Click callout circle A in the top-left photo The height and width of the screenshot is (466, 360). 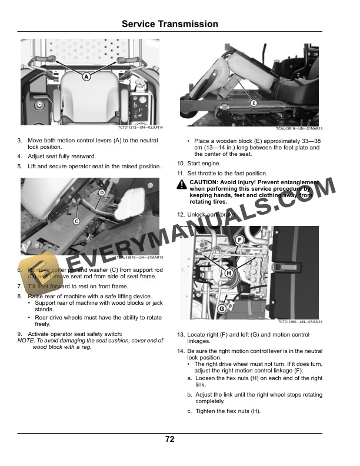coord(86,76)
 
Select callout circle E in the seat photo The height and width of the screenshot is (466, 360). coord(254,103)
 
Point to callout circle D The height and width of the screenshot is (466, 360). coord(101,192)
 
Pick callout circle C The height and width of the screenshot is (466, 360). coord(76,221)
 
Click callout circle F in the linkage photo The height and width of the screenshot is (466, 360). coord(239,239)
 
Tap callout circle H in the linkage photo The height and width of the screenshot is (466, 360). coord(228,272)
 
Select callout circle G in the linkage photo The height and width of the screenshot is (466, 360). coord(222,308)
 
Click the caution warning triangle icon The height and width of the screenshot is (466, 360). coord(181,186)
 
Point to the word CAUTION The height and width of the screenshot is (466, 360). coord(204,182)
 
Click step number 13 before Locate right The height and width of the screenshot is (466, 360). coord(181,335)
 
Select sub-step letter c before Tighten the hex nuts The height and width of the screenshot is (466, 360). coord(189,411)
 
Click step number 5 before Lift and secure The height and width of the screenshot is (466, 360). coord(20,167)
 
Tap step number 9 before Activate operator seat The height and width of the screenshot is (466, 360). coord(20,334)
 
